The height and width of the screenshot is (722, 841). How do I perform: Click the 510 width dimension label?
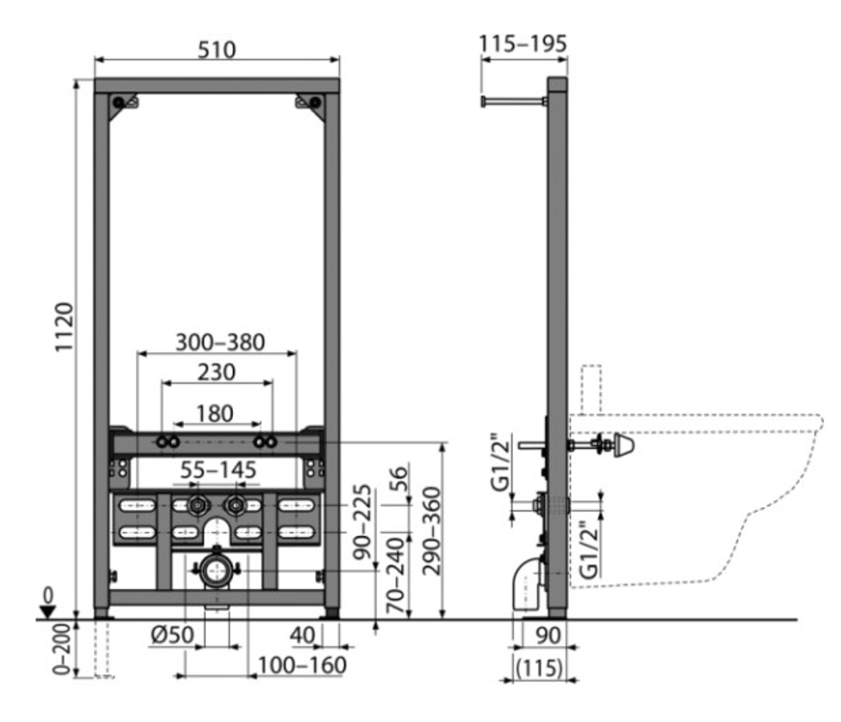click(217, 50)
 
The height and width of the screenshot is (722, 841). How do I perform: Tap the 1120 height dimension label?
click(64, 327)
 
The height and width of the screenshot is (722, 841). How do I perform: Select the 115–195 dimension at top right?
click(522, 44)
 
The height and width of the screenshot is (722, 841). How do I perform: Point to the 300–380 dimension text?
click(220, 342)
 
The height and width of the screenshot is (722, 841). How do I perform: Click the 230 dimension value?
click(216, 371)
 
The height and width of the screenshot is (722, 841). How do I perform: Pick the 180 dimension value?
click(214, 413)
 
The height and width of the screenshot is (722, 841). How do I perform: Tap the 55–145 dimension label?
click(218, 470)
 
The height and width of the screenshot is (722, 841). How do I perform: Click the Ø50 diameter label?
click(172, 635)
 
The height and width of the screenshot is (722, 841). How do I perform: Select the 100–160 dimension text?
click(302, 665)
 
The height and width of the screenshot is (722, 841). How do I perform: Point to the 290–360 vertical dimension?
click(431, 531)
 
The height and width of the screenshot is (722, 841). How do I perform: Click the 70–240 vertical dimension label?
click(397, 576)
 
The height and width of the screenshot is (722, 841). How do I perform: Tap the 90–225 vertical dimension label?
click(362, 521)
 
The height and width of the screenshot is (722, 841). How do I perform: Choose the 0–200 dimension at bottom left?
click(62, 649)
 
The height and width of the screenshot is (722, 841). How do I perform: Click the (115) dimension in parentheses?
click(539, 668)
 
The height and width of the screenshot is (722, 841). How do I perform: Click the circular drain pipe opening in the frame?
click(216, 571)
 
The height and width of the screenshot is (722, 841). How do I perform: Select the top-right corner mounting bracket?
click(310, 106)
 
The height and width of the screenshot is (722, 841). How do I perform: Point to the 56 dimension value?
click(398, 478)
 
